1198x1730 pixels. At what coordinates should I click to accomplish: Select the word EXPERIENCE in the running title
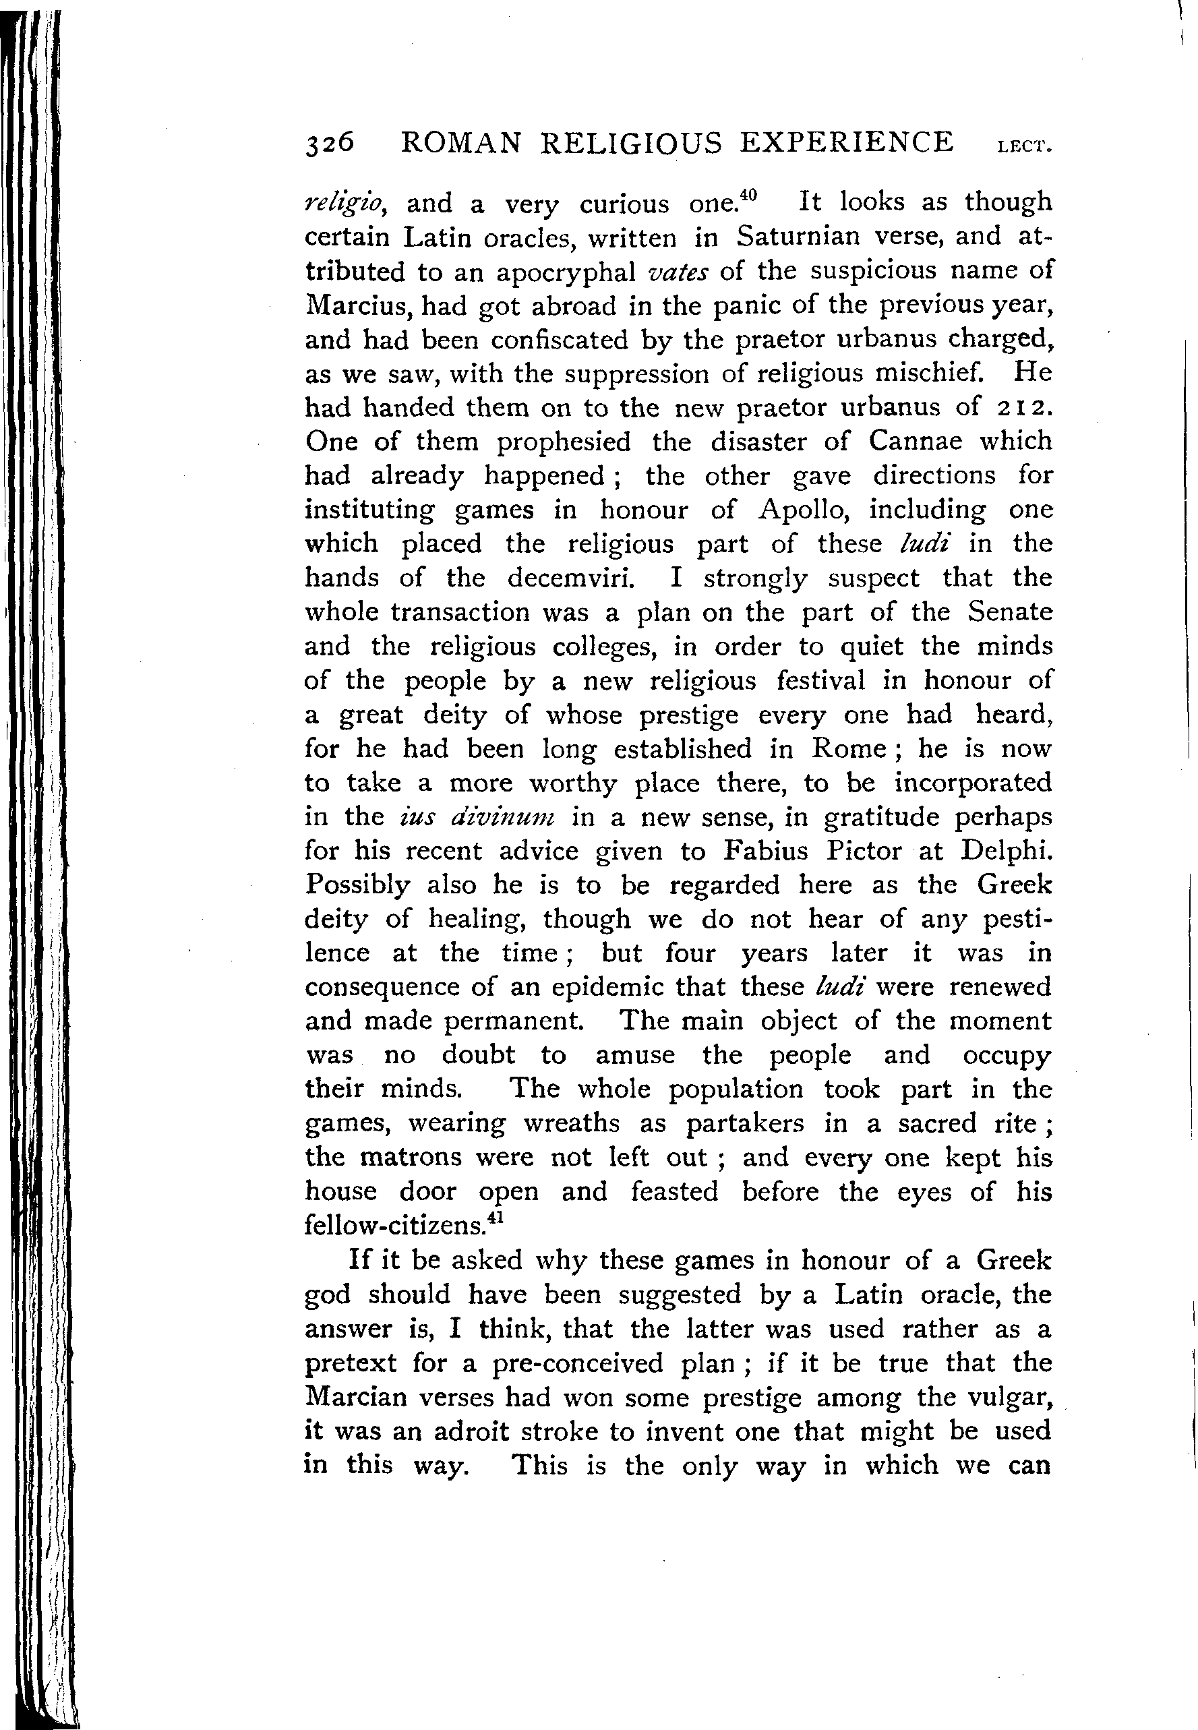[847, 142]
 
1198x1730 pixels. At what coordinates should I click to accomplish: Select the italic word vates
[677, 272]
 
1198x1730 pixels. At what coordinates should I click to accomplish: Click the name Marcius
[359, 305]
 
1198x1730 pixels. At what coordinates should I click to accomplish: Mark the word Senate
[1009, 612]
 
